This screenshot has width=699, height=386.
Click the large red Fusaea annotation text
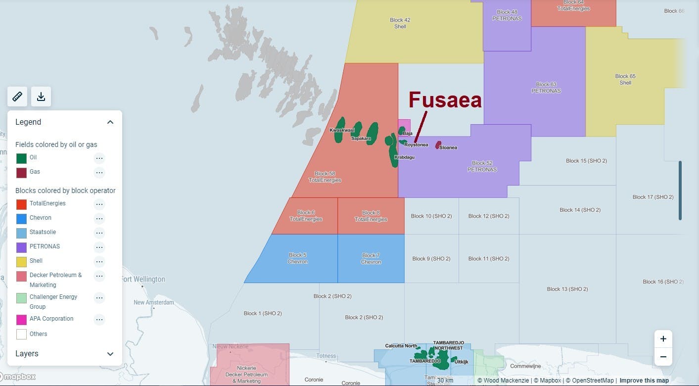pos(445,100)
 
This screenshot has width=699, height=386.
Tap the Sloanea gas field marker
pos(438,145)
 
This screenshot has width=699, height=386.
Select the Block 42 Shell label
pos(400,23)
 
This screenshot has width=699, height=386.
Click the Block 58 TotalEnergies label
pos(325,177)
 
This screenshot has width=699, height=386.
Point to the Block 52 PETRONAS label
pos(482,166)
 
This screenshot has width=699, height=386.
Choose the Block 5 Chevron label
pos(298,258)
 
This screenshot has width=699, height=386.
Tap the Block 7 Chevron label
pos(371,258)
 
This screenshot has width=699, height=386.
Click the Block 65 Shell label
pos(625,79)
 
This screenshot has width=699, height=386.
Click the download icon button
pos(41,96)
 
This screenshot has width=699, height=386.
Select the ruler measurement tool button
pos(17,96)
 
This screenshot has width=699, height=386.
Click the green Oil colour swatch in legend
pos(21,158)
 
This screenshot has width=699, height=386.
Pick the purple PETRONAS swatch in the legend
pos(21,247)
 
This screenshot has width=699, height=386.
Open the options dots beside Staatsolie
pos(99,233)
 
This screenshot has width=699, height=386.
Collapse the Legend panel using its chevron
pos(110,122)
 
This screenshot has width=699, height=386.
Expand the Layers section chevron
pos(110,354)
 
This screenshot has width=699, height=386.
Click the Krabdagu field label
pos(404,157)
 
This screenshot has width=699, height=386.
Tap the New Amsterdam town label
pos(154,302)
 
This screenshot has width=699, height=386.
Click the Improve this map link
pos(644,381)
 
